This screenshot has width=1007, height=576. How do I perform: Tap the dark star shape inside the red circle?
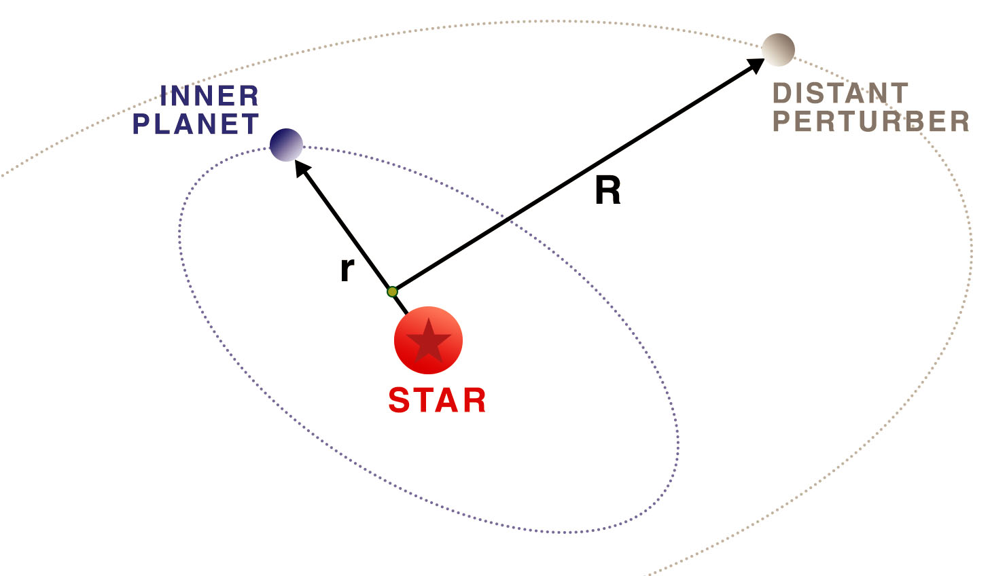428,340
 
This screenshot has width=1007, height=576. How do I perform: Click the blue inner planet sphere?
286,145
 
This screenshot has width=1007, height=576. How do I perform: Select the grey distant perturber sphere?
778,50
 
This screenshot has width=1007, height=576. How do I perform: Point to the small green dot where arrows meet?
392,292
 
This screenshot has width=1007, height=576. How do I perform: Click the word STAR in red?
437,401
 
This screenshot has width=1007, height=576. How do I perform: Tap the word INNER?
209,96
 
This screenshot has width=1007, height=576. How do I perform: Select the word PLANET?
196,124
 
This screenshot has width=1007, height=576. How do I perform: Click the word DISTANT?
840,94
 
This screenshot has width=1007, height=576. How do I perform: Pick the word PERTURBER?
870,122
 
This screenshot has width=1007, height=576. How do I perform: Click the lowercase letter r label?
347,270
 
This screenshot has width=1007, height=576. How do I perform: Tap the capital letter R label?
607,191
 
